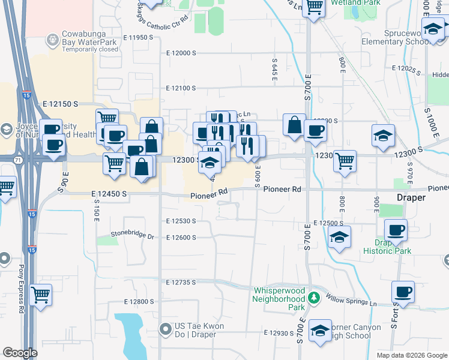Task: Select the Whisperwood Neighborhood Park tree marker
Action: pos(312,298)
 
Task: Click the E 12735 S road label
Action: pos(181,282)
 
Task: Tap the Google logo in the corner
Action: pos(20,353)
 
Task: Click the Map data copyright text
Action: pos(411,355)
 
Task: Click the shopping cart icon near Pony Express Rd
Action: pos(41,294)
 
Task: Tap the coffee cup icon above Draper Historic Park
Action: pos(396,230)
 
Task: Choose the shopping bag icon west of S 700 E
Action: pos(294,125)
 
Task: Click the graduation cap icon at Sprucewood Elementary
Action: pos(432,29)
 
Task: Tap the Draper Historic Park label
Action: pos(393,247)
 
